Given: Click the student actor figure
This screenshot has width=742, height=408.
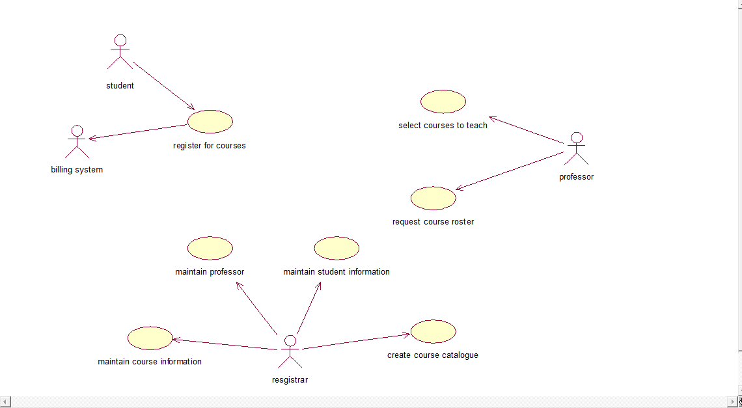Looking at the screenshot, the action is click(x=120, y=52).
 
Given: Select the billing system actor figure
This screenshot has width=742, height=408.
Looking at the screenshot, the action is click(x=77, y=142).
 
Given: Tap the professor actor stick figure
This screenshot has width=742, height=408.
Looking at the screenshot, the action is click(x=576, y=149).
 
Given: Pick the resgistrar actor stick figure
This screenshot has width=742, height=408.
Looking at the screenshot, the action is click(x=290, y=352).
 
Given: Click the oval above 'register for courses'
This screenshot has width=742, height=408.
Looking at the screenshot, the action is click(x=210, y=121).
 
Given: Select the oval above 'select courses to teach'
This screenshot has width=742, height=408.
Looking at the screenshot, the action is click(x=443, y=102).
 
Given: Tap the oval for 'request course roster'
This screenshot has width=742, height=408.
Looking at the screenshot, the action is click(x=433, y=198).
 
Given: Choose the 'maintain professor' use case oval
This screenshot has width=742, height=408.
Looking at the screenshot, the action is click(x=210, y=248).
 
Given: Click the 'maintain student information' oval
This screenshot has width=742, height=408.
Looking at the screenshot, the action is click(x=337, y=248).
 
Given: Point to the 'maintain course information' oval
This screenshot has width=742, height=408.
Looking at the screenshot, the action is click(x=150, y=338).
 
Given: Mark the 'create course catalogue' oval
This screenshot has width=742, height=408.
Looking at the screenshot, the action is click(x=433, y=331).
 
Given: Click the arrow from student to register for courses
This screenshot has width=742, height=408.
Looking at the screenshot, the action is click(x=163, y=86).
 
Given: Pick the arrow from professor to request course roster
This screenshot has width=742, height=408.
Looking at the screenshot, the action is click(x=510, y=171).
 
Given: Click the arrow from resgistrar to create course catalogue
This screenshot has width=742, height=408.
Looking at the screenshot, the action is click(x=356, y=342).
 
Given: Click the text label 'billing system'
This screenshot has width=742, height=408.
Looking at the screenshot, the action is click(x=77, y=170).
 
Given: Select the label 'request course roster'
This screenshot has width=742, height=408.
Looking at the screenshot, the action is click(x=433, y=222).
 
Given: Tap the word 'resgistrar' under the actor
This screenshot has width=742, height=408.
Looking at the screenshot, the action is click(x=290, y=380).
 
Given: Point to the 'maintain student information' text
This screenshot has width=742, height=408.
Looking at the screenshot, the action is click(x=337, y=272).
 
